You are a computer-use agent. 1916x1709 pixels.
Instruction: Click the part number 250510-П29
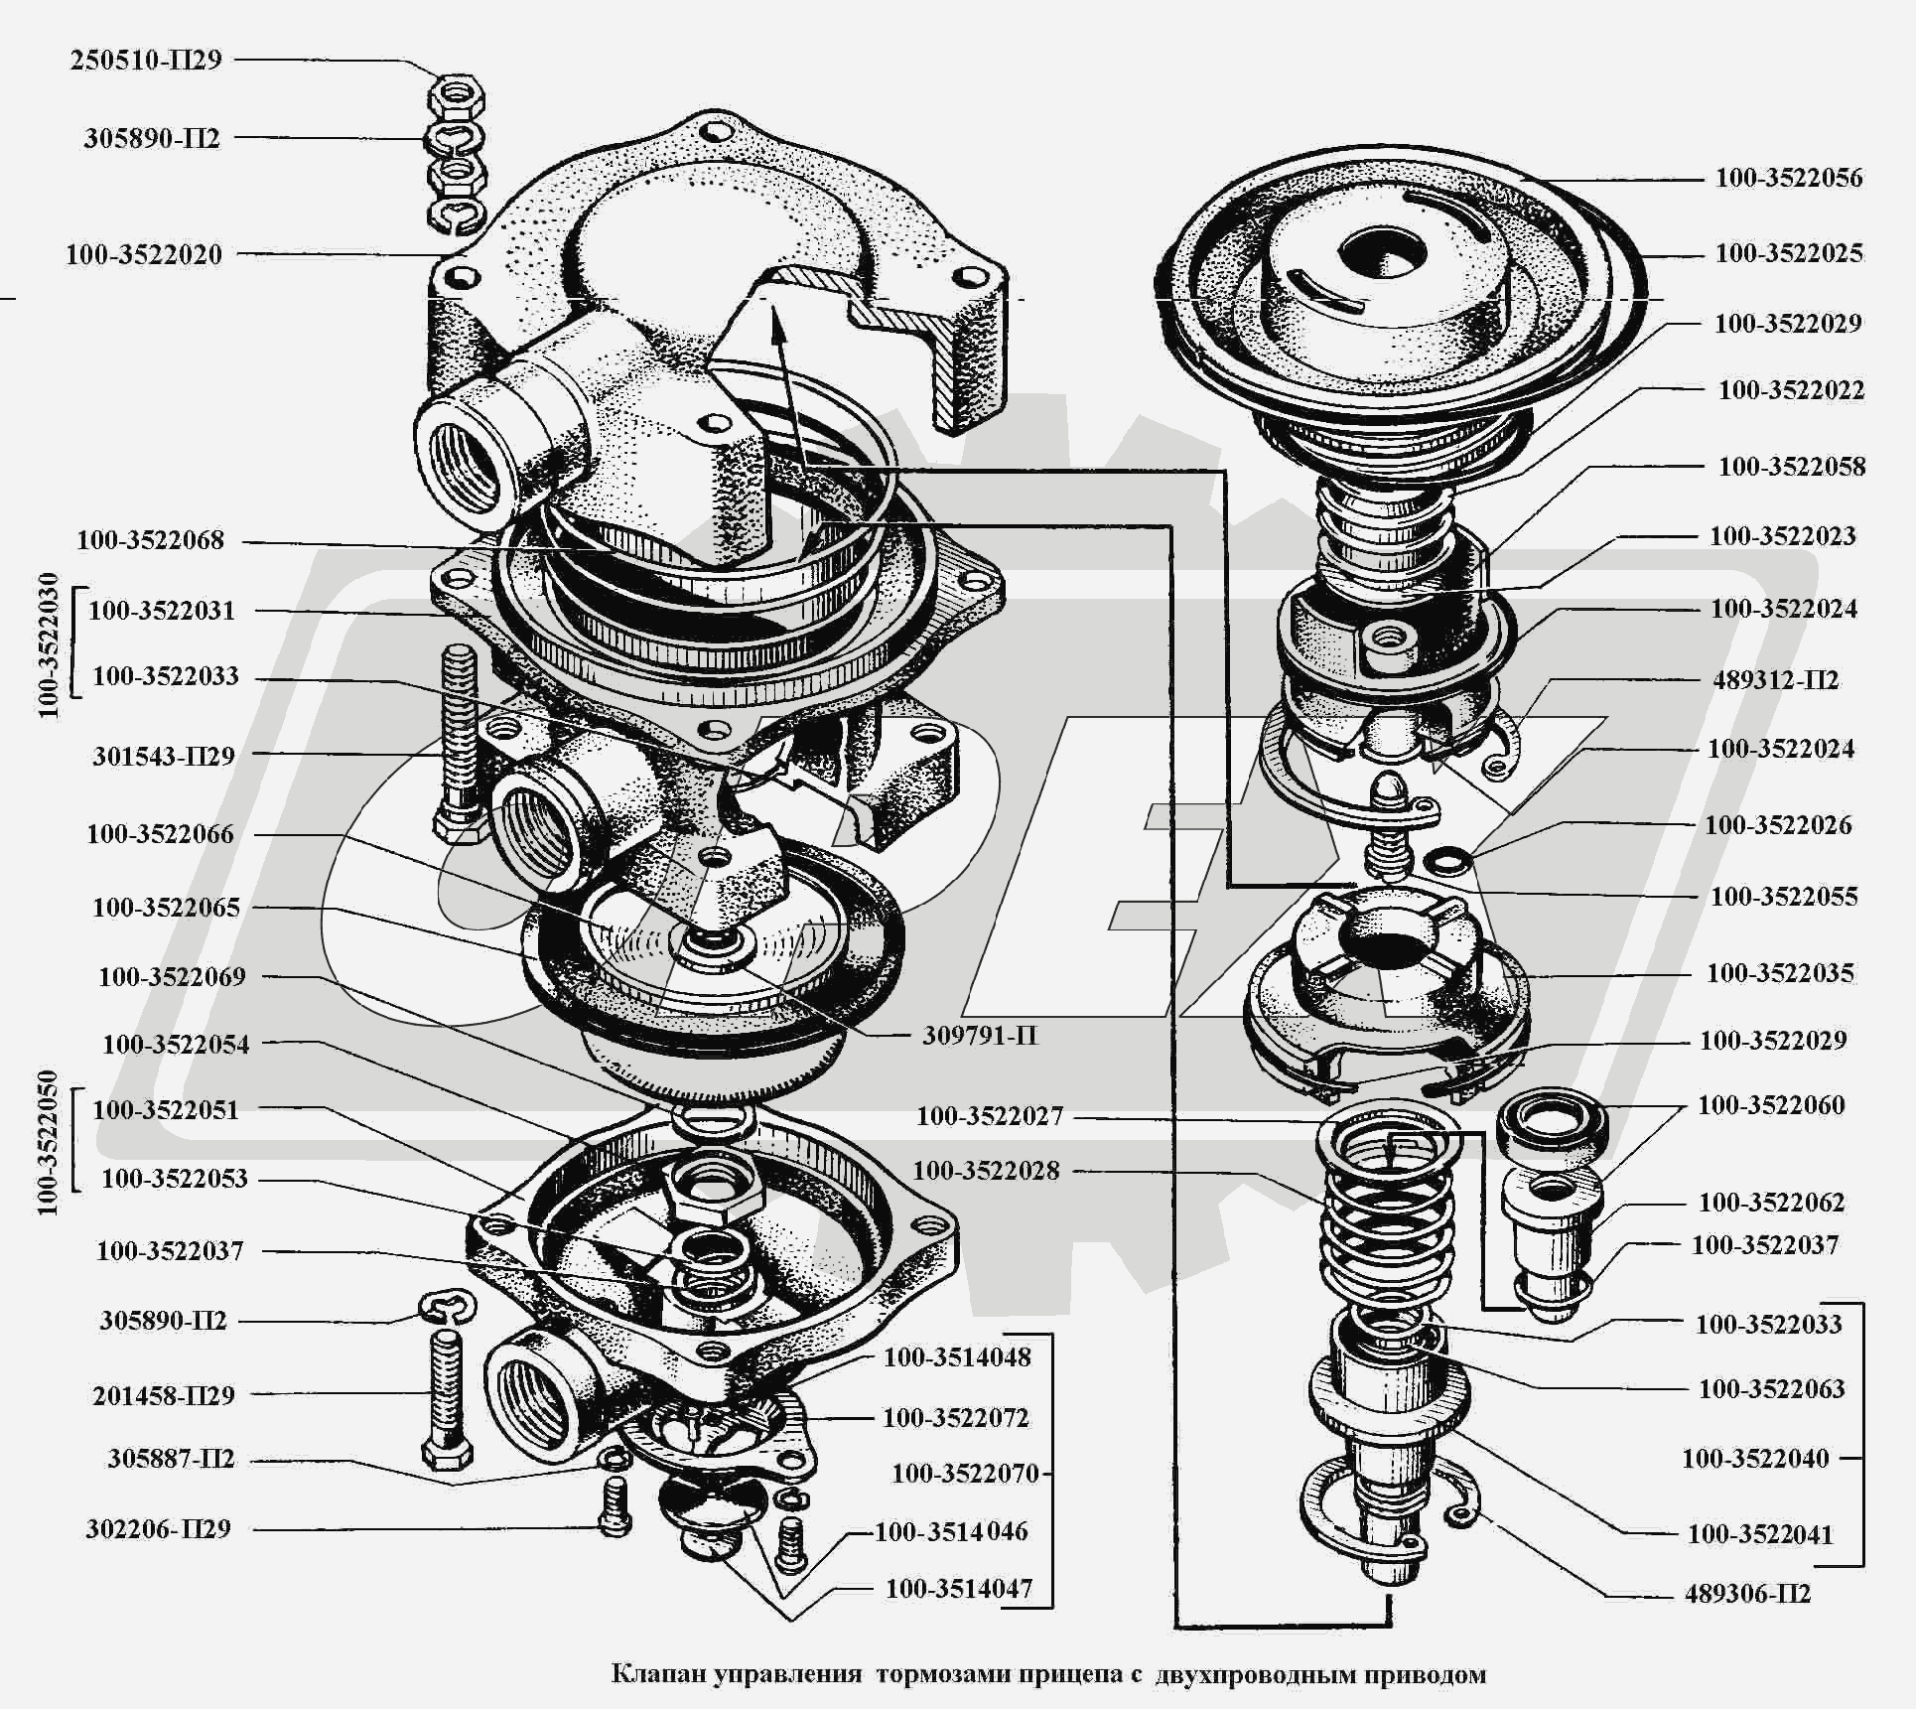click(x=145, y=60)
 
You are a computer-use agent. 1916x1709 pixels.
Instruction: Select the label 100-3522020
click(x=144, y=254)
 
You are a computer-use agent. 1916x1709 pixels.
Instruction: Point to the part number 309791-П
click(x=980, y=1036)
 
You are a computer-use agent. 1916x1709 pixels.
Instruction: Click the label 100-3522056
click(x=1789, y=178)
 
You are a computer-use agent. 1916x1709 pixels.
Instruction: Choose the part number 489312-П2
click(x=1776, y=680)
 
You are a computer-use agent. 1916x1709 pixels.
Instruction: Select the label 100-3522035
click(x=1780, y=973)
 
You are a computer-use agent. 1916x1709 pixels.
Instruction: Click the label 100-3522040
click(x=1755, y=1459)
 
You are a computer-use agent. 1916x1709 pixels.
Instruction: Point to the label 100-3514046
click(x=951, y=1531)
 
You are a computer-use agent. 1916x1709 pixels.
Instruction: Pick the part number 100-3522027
click(x=989, y=1116)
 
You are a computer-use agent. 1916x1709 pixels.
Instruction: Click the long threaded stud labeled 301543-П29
click(x=461, y=735)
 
